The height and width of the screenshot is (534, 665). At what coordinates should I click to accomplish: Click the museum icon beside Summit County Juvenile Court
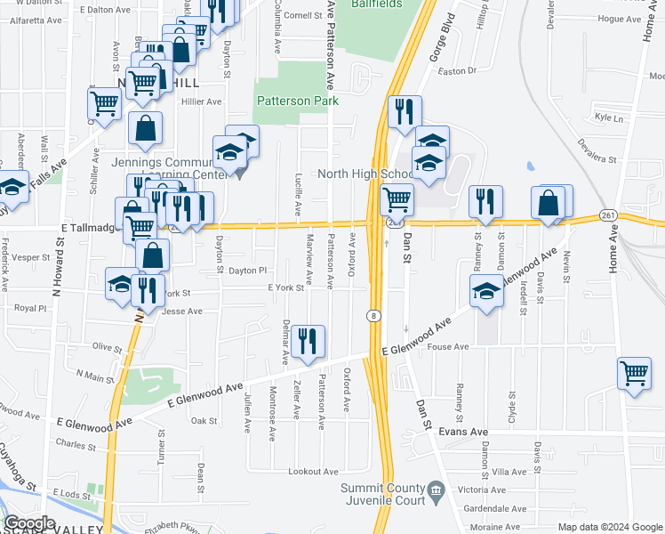pos(436,489)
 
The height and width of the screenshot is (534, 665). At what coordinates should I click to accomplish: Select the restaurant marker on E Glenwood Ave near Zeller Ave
pos(308,341)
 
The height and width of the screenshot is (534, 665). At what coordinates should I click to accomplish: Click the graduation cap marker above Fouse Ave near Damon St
pos(486,291)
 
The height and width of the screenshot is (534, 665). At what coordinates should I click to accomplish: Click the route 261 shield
pos(608,215)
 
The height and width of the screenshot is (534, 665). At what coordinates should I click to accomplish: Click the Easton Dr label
pos(458,69)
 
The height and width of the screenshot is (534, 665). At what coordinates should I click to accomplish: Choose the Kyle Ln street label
pos(609,117)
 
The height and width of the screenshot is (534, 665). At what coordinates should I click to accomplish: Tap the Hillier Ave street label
pos(201,101)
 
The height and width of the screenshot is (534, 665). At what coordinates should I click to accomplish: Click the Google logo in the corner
pos(30,522)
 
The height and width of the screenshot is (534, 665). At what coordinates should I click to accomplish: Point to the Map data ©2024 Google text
pos(610,527)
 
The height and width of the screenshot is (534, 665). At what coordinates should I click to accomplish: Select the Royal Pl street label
pos(29,307)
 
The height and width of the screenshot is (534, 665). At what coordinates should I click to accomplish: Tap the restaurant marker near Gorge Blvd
pos(405,112)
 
